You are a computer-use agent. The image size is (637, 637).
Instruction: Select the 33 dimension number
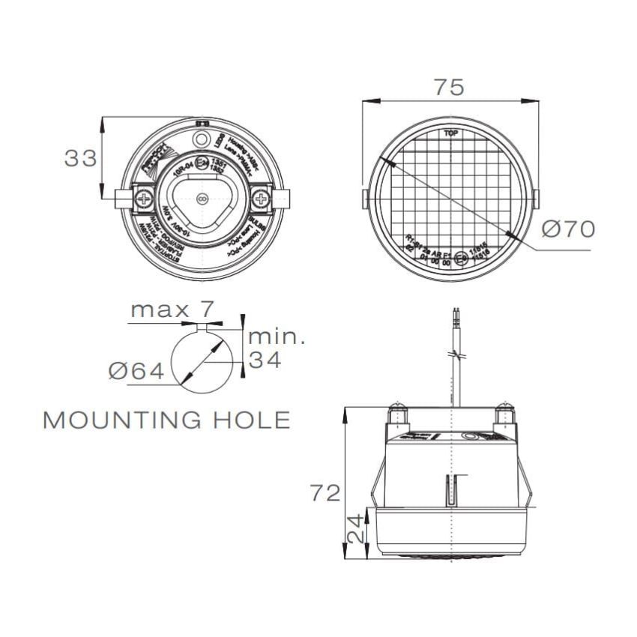80,158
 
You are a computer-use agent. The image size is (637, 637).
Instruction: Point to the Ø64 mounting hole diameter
136,370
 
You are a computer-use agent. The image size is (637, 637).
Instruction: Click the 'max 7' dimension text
172,309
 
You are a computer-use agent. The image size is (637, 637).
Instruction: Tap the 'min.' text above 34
277,336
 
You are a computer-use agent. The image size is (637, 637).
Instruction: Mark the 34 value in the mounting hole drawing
265,360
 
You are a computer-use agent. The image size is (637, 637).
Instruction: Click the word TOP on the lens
451,134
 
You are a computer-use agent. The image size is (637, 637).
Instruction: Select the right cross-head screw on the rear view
261,199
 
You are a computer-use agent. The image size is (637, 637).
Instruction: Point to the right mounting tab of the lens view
537,199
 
